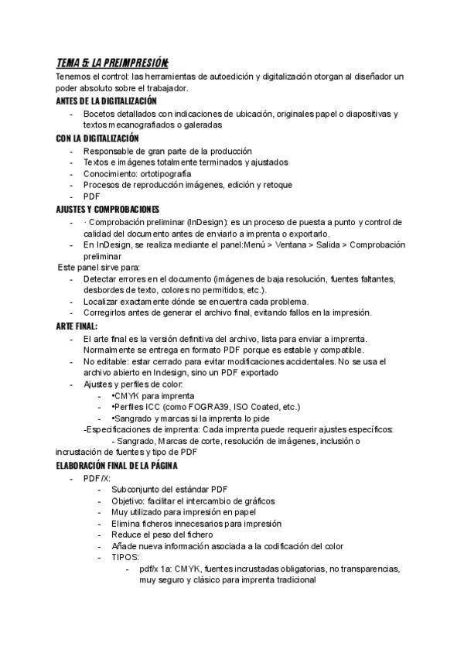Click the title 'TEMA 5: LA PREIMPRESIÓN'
[112, 63]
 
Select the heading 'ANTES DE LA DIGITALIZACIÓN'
[107, 101]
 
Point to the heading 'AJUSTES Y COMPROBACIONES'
[107, 210]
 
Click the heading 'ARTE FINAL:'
[77, 326]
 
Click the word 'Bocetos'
[101, 114]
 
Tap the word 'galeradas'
[200, 125]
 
